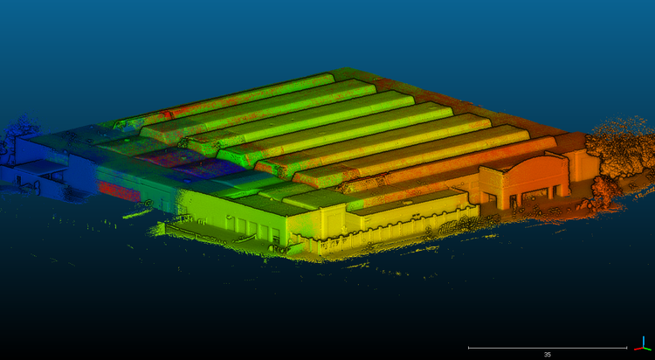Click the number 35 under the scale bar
coord(548,355)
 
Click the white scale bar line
coord(548,348)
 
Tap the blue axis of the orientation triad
coord(644,341)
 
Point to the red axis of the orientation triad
coord(638,348)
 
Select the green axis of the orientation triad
coord(647,349)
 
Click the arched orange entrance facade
coord(527,180)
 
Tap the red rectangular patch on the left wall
coord(119,191)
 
